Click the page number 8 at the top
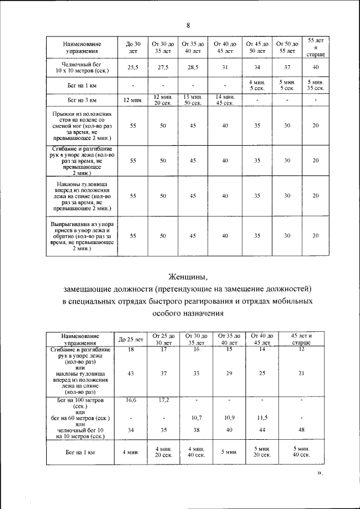click(188, 25)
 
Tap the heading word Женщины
click(188, 276)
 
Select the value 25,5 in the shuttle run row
click(133, 67)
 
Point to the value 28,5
click(193, 67)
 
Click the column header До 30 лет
click(133, 47)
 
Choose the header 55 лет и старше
click(316, 47)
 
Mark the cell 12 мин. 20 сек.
click(163, 100)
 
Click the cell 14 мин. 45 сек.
click(224, 100)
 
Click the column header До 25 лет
click(131, 340)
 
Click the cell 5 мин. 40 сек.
click(301, 451)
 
